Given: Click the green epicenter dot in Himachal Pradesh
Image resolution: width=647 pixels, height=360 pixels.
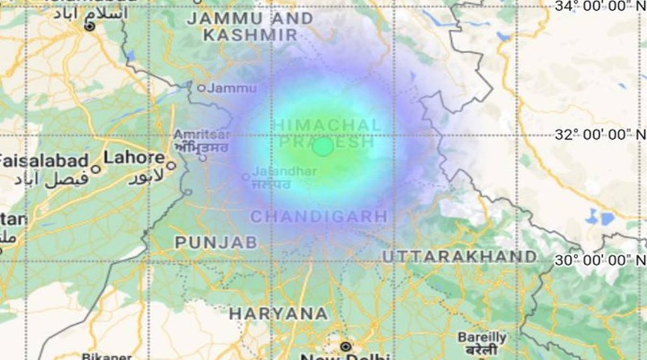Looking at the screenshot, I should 323,146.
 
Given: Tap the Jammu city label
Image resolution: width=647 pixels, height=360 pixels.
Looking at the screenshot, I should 232,88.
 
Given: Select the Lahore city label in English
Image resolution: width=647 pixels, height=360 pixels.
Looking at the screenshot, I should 134,157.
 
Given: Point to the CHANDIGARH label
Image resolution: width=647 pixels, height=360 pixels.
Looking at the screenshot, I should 319,217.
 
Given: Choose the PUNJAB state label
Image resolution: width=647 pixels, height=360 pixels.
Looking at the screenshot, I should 216,242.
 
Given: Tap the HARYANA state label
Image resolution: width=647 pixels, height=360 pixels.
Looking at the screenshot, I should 279,313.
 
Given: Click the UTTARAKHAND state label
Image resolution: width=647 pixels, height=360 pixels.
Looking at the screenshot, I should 459,256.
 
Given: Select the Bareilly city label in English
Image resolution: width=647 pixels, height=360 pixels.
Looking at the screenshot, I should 482,337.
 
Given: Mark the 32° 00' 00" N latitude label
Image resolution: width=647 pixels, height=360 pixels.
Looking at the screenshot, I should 600,134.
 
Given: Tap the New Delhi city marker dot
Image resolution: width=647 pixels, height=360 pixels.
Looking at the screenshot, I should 345,346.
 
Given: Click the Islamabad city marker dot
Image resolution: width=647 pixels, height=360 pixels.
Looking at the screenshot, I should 90,26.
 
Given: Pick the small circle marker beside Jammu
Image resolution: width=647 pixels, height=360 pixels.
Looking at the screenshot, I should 202,88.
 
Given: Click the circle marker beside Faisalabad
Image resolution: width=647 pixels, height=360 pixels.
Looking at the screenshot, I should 95,168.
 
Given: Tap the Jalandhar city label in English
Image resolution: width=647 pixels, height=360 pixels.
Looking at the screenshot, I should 277,171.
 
